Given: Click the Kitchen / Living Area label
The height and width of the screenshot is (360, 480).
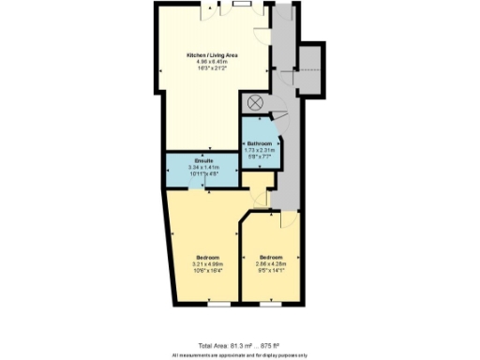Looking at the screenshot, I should tap(210, 57).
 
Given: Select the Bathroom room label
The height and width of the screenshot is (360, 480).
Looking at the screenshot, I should tap(260, 142).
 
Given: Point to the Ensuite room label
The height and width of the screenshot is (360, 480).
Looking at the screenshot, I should tap(204, 161).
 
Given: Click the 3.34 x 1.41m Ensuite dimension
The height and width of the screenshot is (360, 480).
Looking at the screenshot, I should tap(204, 168).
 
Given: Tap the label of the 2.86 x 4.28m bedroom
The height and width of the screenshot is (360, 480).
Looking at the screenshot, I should tap(272, 257).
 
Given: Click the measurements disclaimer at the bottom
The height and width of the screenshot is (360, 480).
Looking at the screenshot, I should tap(239, 355).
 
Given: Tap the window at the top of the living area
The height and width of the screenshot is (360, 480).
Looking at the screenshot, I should tap(243, 4).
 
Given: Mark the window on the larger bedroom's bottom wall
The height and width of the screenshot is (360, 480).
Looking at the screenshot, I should tap(217, 304).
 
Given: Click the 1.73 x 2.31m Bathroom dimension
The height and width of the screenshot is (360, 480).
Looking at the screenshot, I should tap(260, 150).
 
